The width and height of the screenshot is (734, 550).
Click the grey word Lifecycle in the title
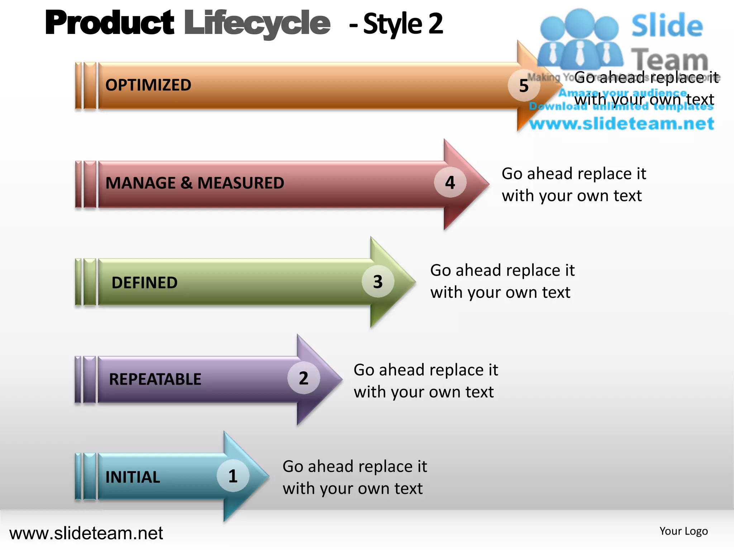pyautogui.click(x=257, y=24)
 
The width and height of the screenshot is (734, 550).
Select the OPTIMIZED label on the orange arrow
pyautogui.click(x=148, y=85)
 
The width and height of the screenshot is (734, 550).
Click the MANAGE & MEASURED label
pyautogui.click(x=195, y=183)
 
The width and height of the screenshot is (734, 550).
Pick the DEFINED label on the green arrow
pyautogui.click(x=144, y=283)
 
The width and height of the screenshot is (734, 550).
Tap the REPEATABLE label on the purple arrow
pyautogui.click(x=155, y=379)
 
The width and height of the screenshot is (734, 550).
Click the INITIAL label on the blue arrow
pyautogui.click(x=133, y=477)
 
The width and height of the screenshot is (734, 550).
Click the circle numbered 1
pyautogui.click(x=233, y=476)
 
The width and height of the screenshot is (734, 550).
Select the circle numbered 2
pyautogui.click(x=304, y=378)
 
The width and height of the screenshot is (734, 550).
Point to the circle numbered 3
pyautogui.click(x=378, y=281)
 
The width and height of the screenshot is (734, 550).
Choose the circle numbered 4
pyautogui.click(x=450, y=183)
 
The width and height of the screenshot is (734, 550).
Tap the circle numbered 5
pyautogui.click(x=524, y=86)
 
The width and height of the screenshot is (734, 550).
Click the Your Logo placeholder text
pyautogui.click(x=683, y=531)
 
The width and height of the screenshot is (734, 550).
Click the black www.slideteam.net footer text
pyautogui.click(x=86, y=533)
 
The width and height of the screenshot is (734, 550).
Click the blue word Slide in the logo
pyautogui.click(x=667, y=26)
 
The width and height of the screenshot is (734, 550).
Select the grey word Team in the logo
pyautogui.click(x=669, y=59)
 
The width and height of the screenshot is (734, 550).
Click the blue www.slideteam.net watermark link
pyautogui.click(x=622, y=124)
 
